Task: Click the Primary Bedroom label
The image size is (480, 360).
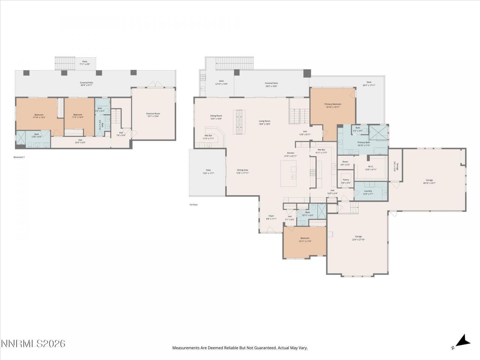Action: click(333, 105)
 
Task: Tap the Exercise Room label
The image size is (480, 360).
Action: click(153, 115)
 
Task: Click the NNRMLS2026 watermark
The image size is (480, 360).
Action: click(33, 343)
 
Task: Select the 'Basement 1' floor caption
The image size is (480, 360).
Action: click(19, 157)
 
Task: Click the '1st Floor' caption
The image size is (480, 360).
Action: click(193, 205)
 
